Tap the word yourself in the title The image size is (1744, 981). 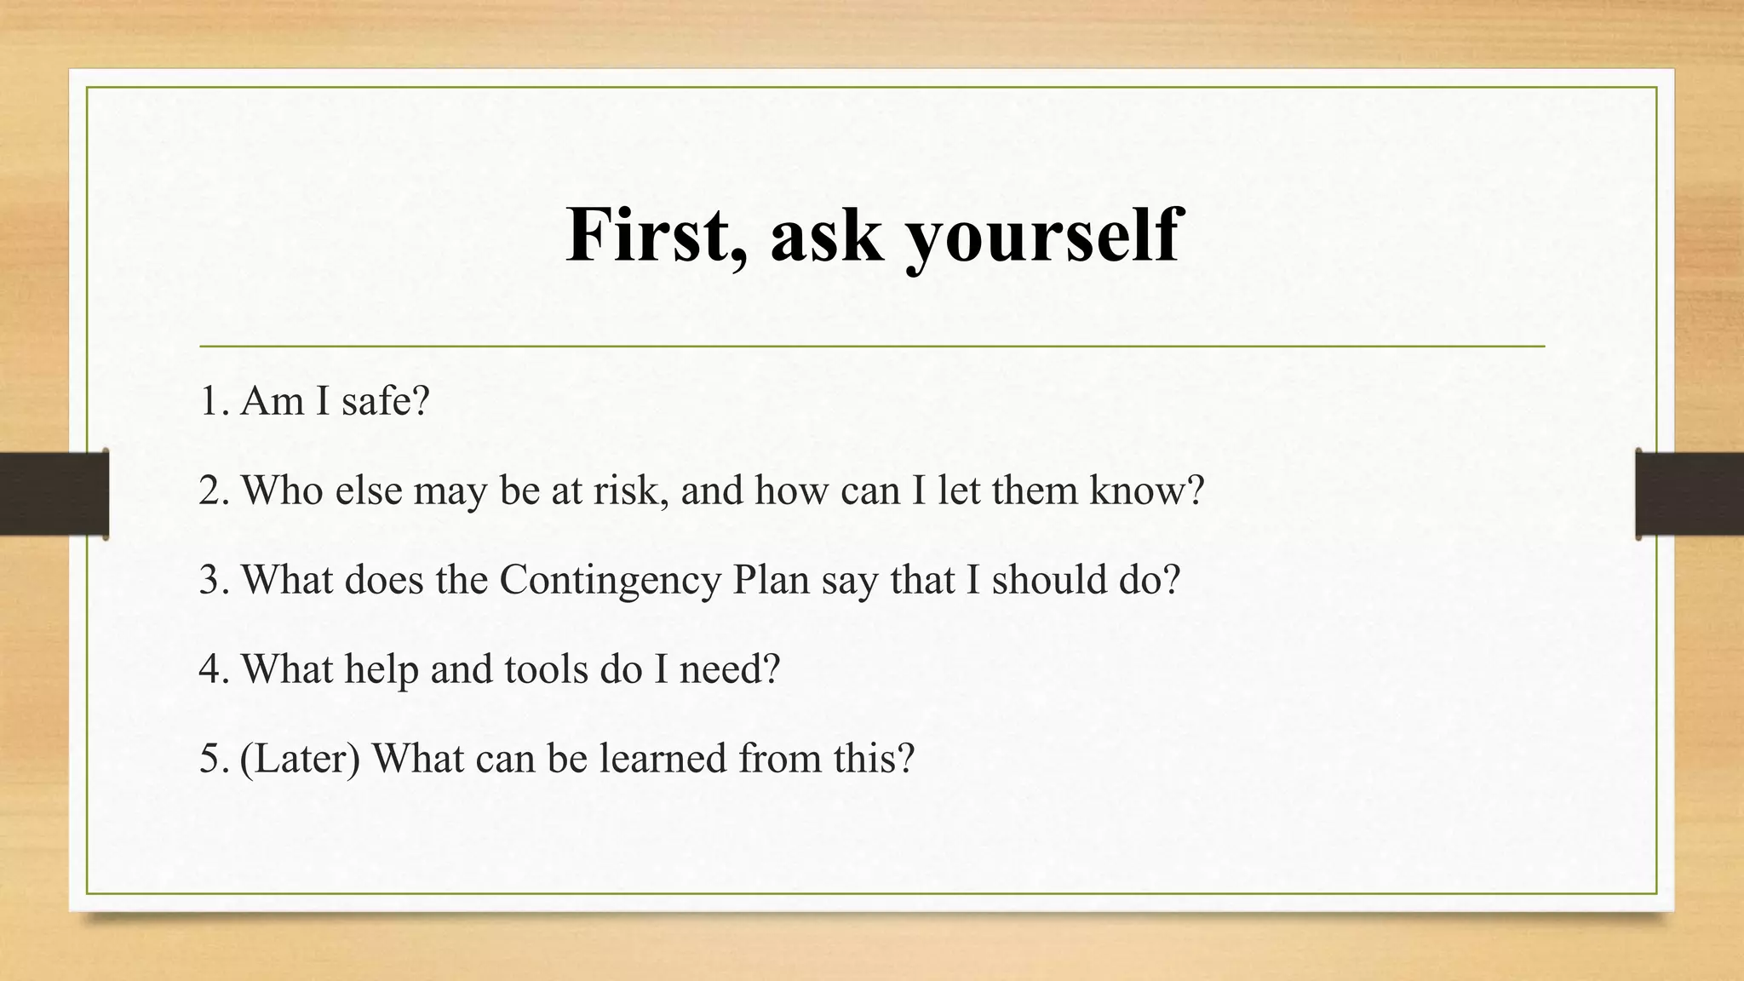(1042, 237)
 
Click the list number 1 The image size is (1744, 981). (212, 401)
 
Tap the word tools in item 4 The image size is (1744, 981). (546, 669)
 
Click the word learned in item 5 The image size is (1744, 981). (663, 759)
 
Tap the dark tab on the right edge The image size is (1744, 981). (1689, 494)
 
